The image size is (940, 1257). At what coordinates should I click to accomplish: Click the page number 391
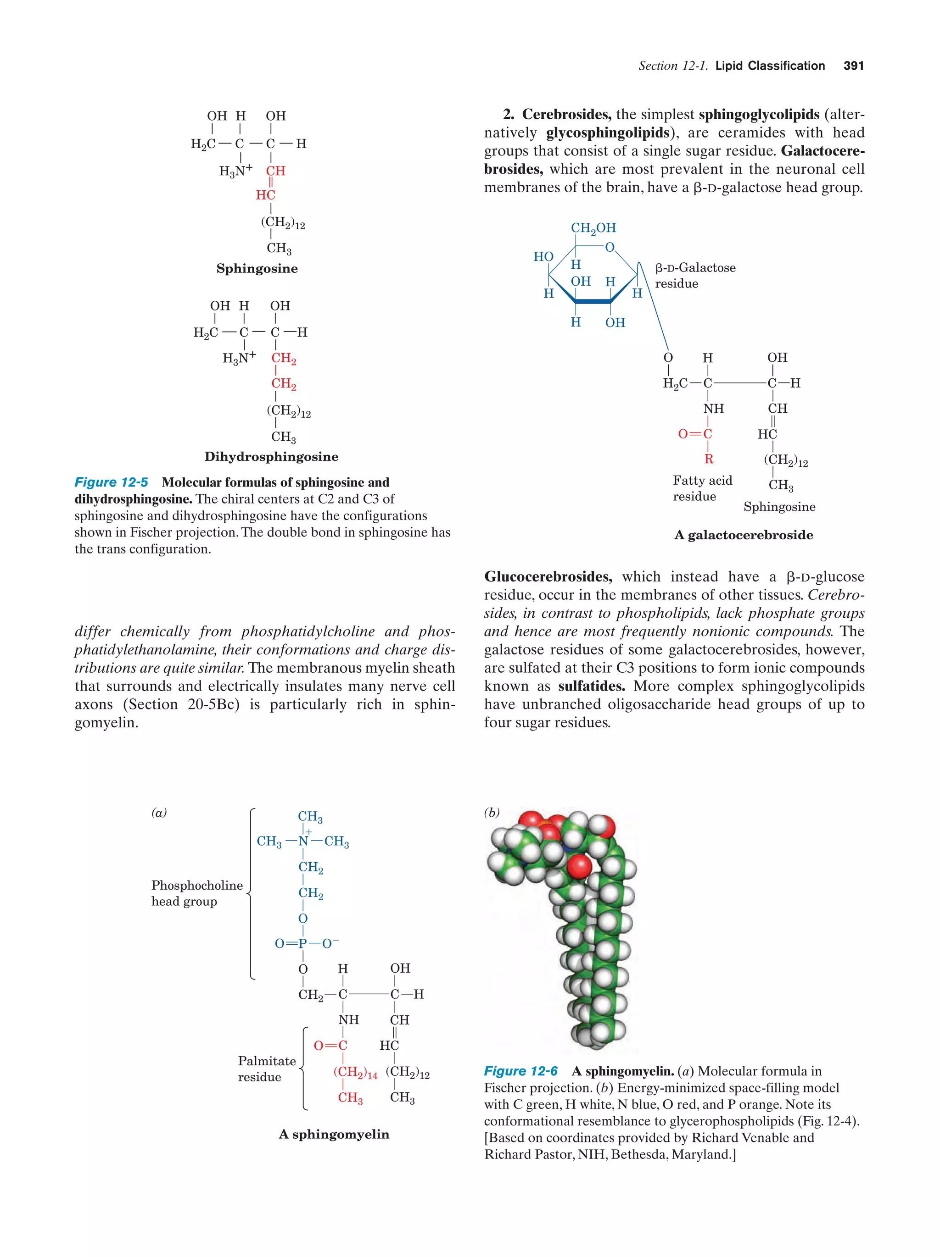click(x=853, y=66)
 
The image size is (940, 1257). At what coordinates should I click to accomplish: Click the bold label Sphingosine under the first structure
click(x=257, y=269)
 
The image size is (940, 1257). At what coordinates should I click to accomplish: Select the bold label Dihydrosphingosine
click(x=271, y=457)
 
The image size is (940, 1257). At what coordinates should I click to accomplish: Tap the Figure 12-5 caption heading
click(x=112, y=482)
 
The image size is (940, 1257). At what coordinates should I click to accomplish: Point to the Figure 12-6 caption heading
click(x=520, y=1071)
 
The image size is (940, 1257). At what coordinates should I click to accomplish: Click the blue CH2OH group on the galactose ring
click(x=593, y=228)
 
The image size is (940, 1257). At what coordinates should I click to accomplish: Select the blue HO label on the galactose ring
click(x=543, y=257)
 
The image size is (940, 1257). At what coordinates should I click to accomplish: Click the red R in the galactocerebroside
click(x=709, y=459)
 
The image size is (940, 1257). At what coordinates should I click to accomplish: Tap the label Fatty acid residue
click(x=702, y=488)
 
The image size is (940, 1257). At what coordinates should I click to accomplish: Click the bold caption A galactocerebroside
click(x=743, y=535)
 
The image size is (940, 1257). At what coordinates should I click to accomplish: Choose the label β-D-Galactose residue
click(x=695, y=276)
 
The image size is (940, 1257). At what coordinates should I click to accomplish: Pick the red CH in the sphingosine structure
click(x=276, y=171)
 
